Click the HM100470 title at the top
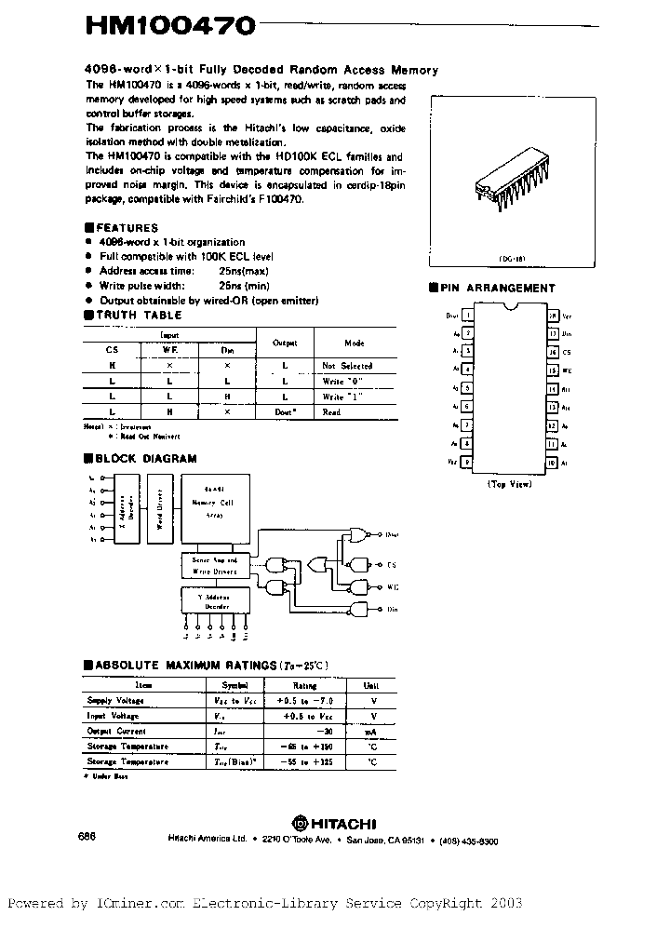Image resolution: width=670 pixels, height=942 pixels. [169, 28]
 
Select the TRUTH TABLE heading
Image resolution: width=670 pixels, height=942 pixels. [133, 316]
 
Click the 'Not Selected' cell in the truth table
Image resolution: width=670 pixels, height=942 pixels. [347, 367]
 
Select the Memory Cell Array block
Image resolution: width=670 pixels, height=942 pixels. [215, 512]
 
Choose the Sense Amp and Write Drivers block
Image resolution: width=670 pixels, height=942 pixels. [215, 565]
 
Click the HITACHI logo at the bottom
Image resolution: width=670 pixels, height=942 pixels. [334, 823]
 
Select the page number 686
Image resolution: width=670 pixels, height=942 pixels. [87, 837]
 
